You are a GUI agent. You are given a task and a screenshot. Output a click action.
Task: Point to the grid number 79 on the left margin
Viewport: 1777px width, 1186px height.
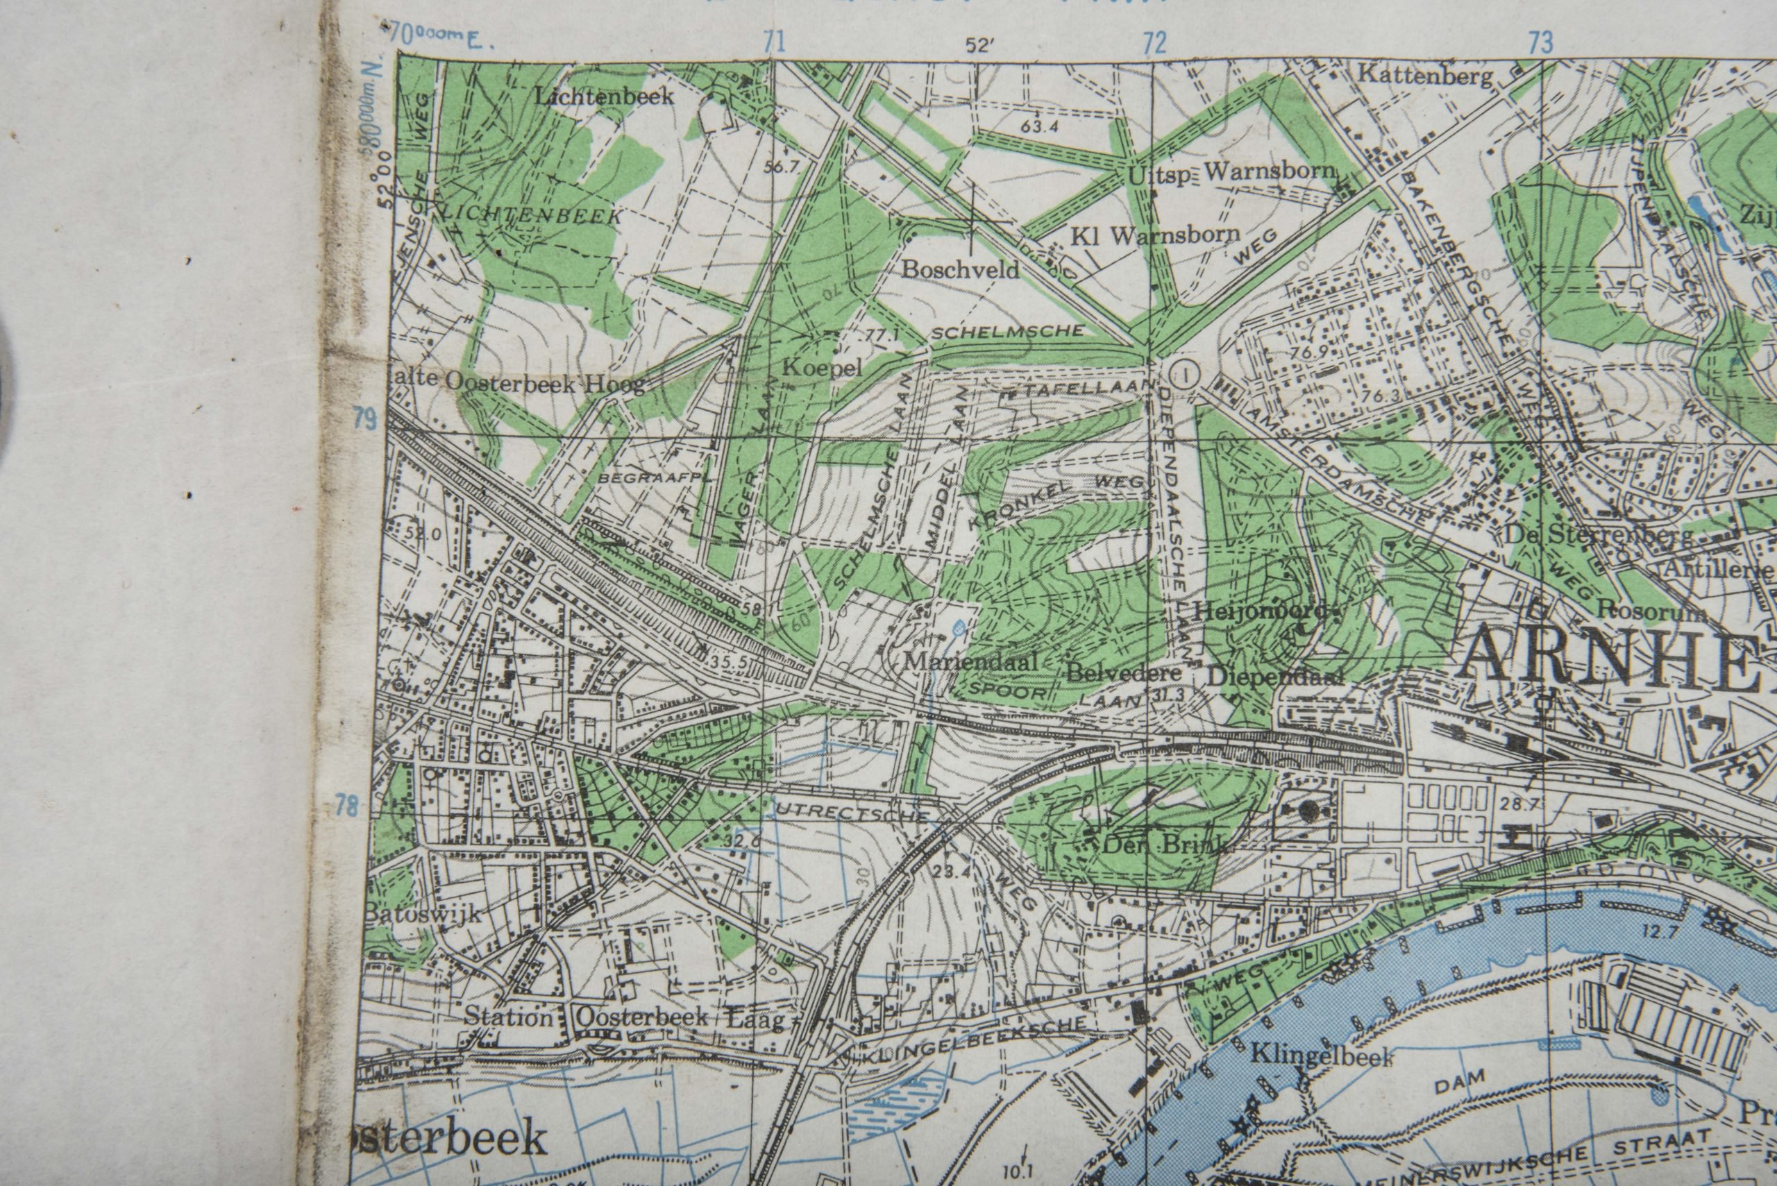point(365,418)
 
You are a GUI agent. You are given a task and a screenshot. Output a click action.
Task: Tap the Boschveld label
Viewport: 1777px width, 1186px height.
point(961,270)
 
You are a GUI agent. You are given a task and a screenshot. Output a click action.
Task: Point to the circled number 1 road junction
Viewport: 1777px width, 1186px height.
point(1183,372)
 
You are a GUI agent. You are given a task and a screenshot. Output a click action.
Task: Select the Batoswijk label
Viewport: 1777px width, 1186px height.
point(423,914)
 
